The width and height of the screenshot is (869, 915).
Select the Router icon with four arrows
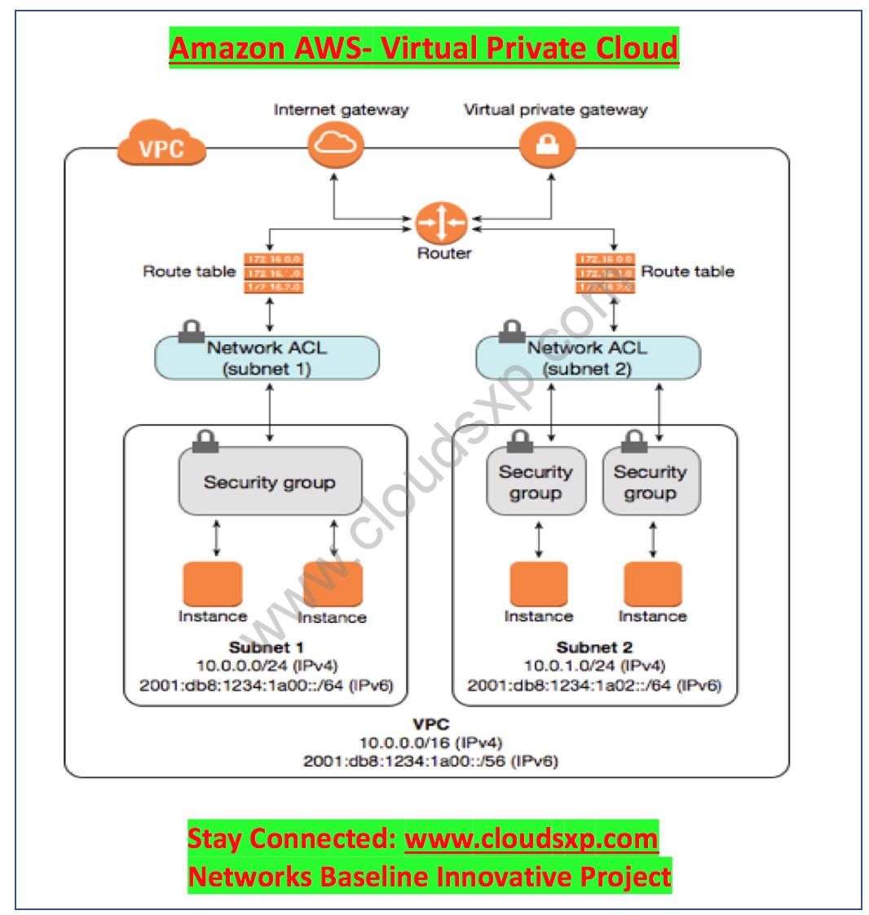(441, 223)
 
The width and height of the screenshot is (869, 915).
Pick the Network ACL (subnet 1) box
(267, 358)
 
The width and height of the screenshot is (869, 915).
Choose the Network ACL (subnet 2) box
(587, 358)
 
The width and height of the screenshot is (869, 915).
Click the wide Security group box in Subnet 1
(269, 482)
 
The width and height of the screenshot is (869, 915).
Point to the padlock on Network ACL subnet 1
(192, 331)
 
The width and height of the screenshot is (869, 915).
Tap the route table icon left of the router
(273, 272)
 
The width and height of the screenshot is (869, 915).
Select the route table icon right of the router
(605, 272)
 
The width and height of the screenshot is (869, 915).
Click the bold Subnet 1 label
(266, 648)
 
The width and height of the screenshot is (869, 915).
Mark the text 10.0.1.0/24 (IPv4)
(593, 666)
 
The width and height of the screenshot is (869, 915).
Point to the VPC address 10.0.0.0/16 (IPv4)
(430, 743)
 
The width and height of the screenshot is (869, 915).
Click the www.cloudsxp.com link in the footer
(531, 839)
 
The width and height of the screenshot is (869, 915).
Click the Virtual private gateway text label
(555, 110)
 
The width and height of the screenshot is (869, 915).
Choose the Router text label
(444, 254)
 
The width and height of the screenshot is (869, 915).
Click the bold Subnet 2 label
(594, 648)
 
